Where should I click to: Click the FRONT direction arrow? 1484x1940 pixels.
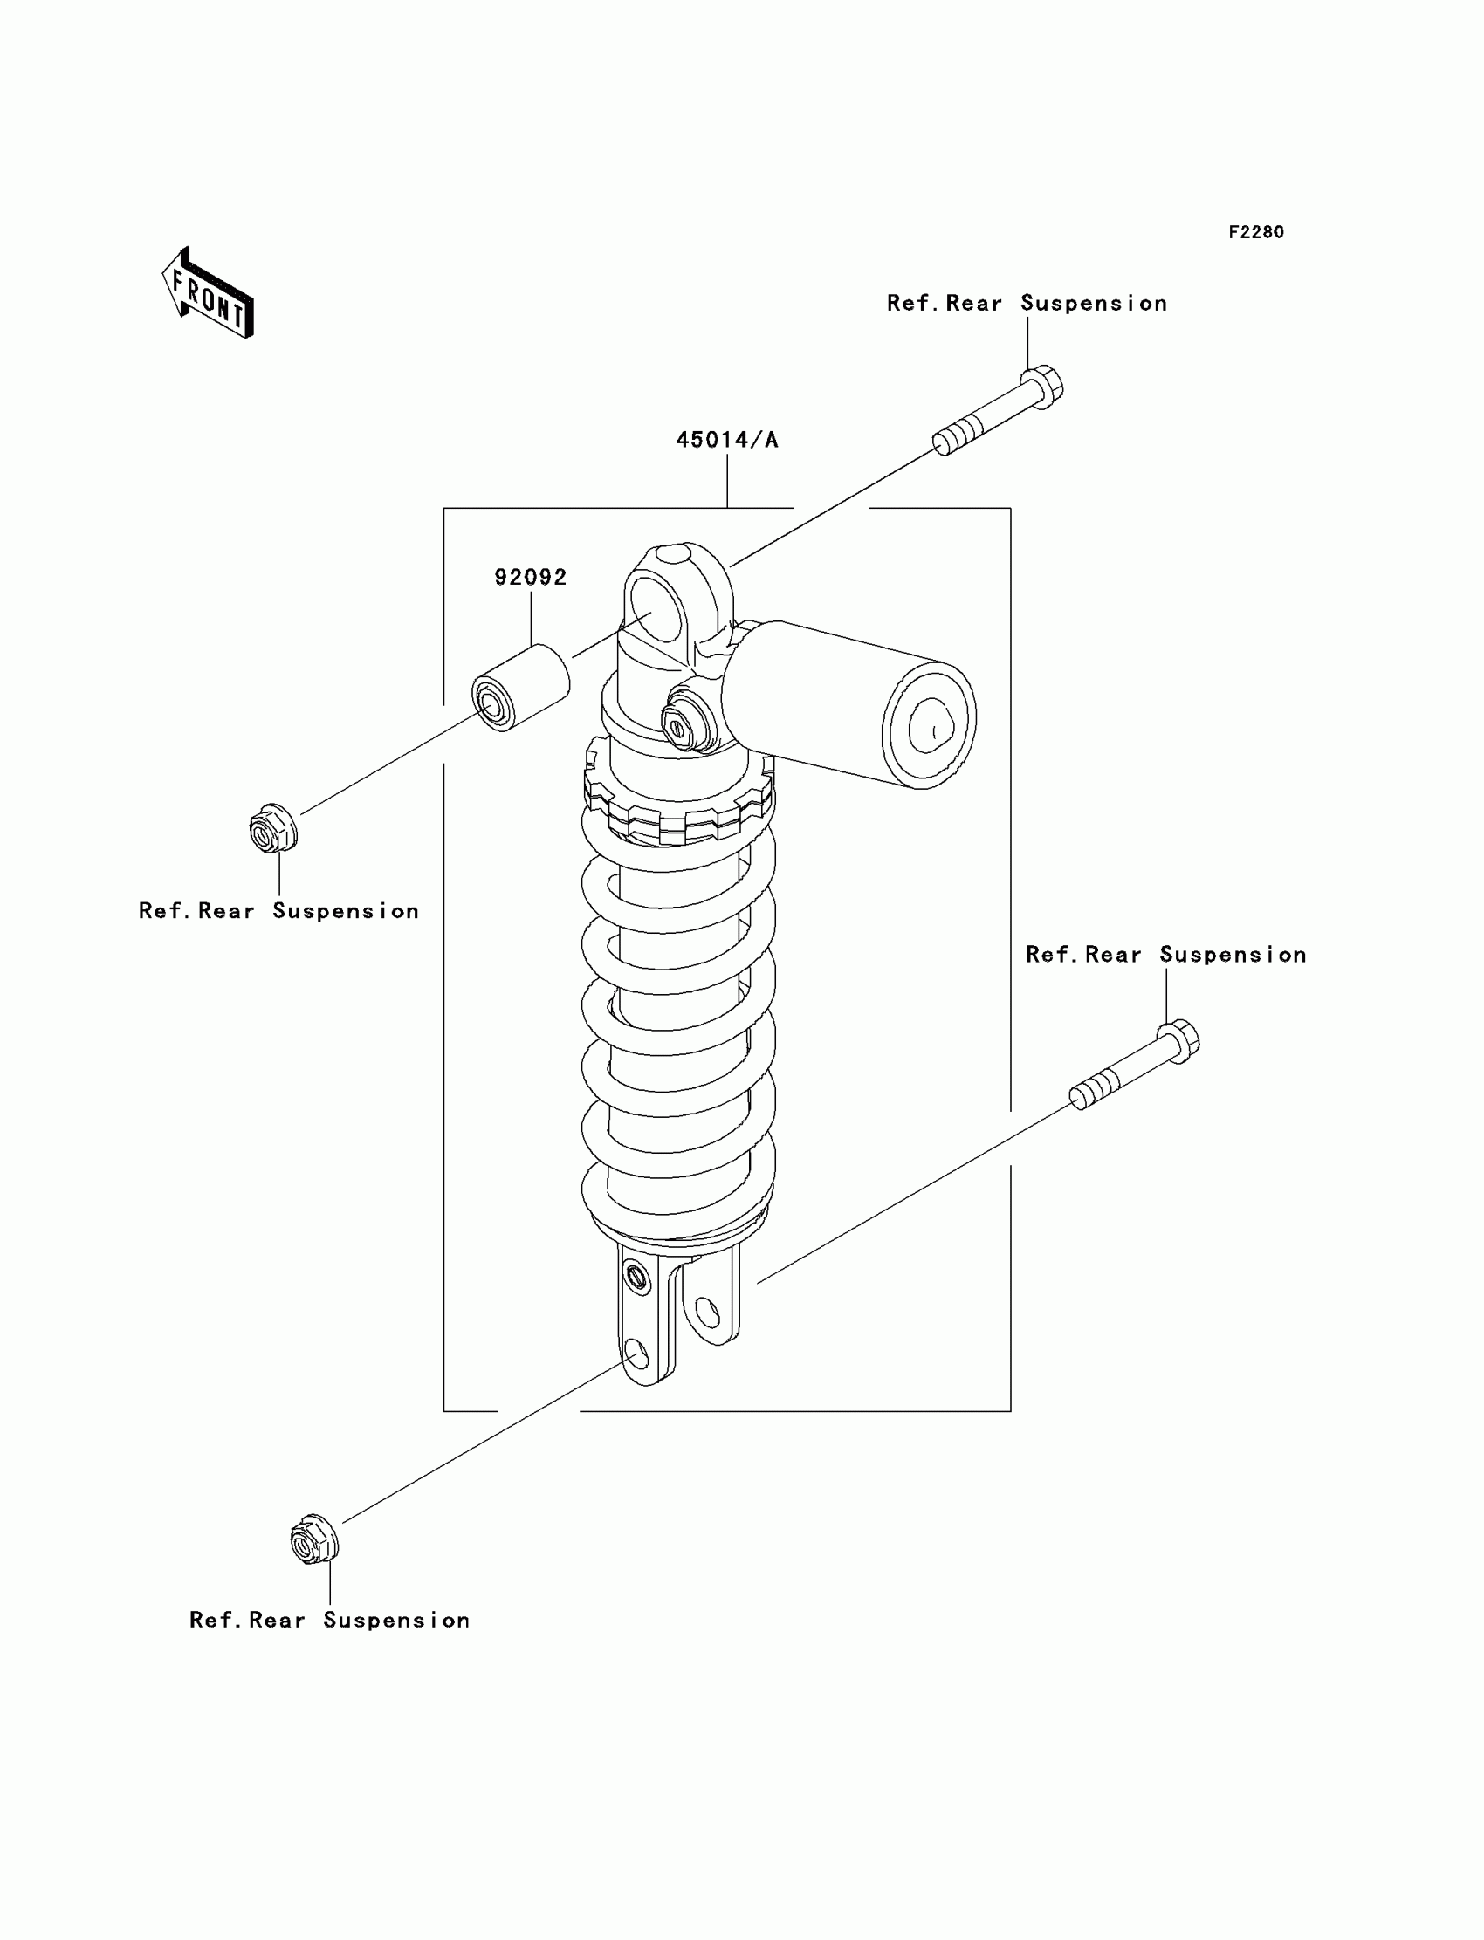[x=209, y=293]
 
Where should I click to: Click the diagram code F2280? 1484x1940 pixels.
[x=1255, y=232]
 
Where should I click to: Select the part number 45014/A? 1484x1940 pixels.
[x=726, y=440]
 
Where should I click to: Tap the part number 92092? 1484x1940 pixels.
[x=530, y=578]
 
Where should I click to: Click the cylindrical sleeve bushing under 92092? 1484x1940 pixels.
[x=520, y=688]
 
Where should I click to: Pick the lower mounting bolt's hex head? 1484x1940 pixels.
[x=1180, y=1042]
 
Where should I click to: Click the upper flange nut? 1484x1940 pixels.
[x=273, y=828]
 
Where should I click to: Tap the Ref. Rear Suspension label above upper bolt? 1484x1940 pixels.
[x=1027, y=304]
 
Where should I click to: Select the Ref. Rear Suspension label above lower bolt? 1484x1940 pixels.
[x=1165, y=955]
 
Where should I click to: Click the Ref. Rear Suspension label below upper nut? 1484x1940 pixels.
[x=278, y=910]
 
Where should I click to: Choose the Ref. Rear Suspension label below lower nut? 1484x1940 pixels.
[x=329, y=1620]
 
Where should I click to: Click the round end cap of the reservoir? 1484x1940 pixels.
[x=930, y=725]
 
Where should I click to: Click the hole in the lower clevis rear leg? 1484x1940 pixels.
[x=707, y=1313]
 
